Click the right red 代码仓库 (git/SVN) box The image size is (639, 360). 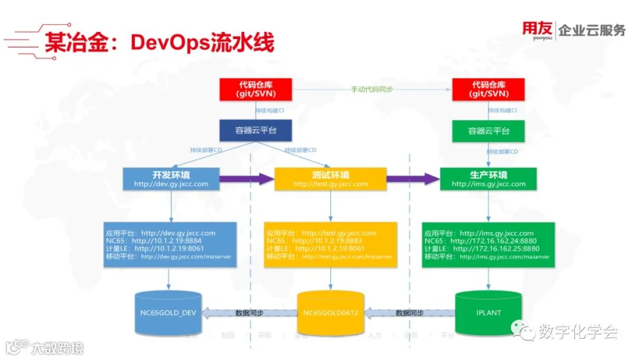click(x=489, y=89)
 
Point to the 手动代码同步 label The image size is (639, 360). click(x=372, y=89)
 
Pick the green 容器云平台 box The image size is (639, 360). click(x=489, y=131)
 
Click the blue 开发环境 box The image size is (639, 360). click(x=170, y=179)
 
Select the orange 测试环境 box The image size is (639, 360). click(x=330, y=179)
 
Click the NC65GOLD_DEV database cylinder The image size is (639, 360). click(x=168, y=312)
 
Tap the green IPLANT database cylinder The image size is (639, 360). click(x=488, y=312)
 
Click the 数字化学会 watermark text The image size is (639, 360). click(x=577, y=332)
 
